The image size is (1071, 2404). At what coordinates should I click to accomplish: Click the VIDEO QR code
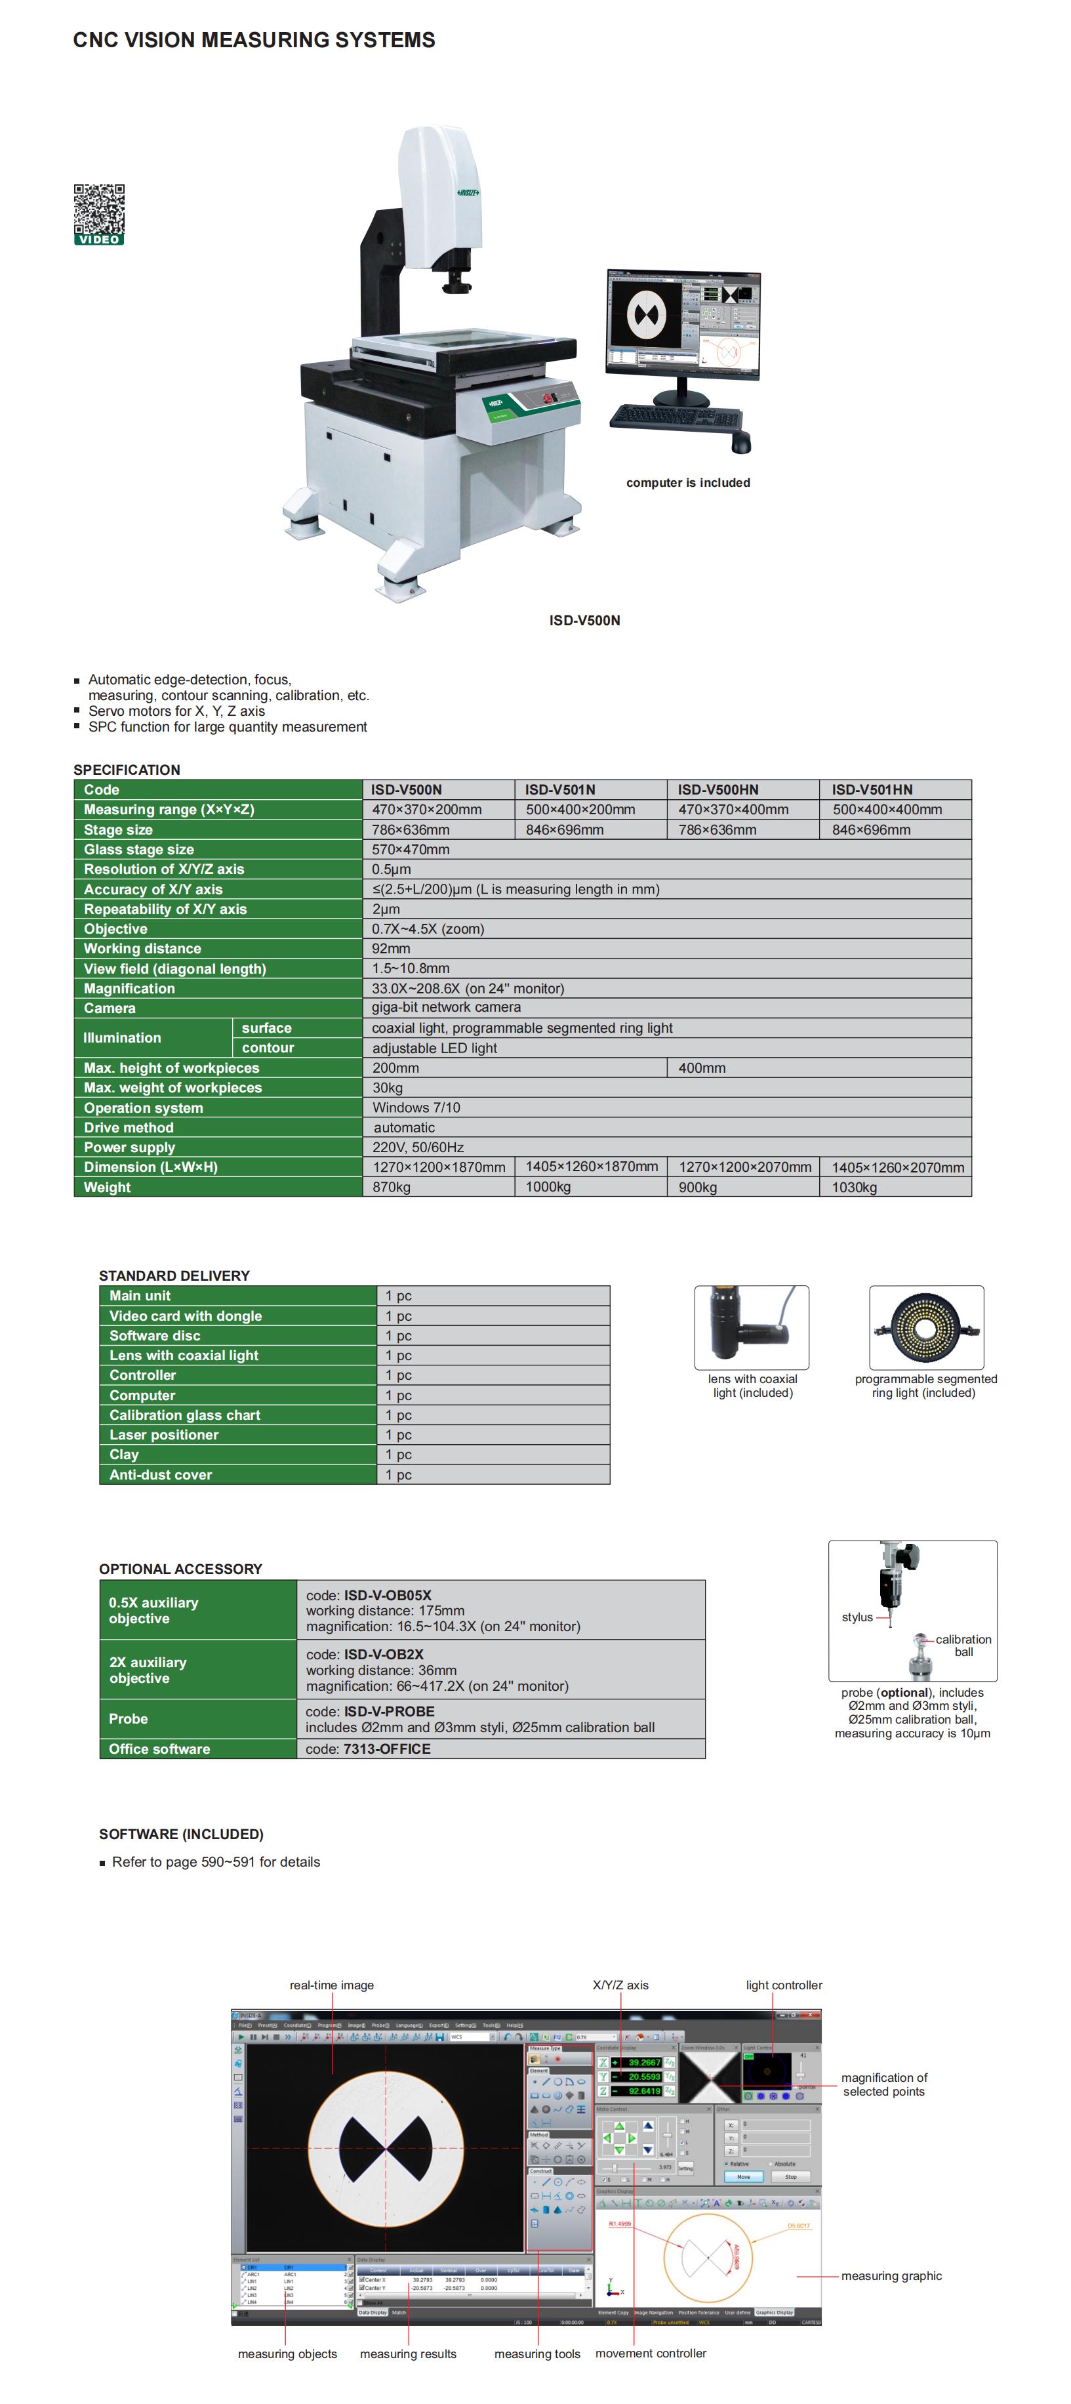[x=99, y=214]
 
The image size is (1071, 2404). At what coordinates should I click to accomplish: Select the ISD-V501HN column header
[x=872, y=789]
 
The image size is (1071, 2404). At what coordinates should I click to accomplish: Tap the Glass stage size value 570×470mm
[x=411, y=849]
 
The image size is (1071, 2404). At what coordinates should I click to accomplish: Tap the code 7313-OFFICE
[x=386, y=1749]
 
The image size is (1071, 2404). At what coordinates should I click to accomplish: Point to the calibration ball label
[x=963, y=1646]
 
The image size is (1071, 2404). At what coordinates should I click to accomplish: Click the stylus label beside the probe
[x=857, y=1617]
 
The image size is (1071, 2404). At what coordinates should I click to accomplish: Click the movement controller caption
[x=650, y=2353]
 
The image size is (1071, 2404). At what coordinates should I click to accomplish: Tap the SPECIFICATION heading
[x=127, y=770]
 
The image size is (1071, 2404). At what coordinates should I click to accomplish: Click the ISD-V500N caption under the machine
[x=584, y=621]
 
